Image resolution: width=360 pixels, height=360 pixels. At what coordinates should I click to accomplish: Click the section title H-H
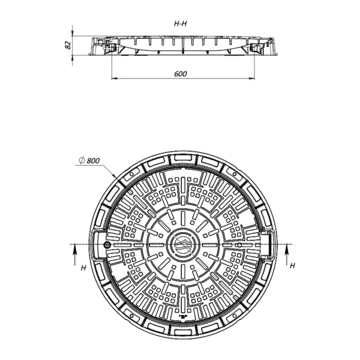(x=180, y=23)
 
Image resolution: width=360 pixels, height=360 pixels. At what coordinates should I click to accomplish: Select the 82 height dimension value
(x=68, y=45)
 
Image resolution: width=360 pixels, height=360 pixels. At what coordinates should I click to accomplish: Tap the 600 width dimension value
(x=181, y=74)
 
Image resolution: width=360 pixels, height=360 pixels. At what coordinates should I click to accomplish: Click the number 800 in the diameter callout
(x=93, y=160)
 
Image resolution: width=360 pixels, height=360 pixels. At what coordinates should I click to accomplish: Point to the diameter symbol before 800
(x=82, y=160)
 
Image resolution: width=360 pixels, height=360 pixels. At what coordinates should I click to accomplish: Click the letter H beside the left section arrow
(x=83, y=268)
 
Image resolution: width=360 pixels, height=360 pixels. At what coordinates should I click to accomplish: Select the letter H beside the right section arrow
(x=292, y=266)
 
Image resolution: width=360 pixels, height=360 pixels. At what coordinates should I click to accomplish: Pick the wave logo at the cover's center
(x=183, y=245)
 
